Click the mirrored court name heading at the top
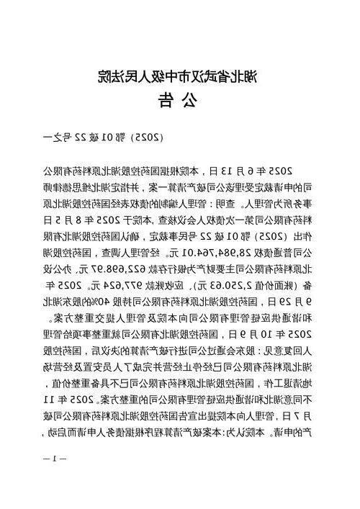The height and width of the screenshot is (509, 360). point(180,76)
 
